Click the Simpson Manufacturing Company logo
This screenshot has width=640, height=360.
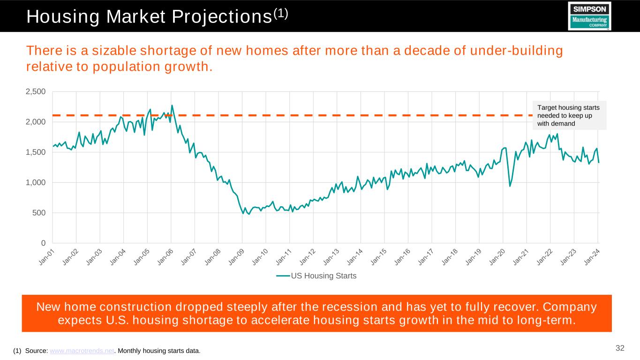pos(589,16)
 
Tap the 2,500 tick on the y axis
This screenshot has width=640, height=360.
pos(36,91)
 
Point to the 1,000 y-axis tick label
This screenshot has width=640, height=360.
pos(36,182)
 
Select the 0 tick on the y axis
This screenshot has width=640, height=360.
pos(43,243)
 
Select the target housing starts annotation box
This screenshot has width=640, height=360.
pos(569,115)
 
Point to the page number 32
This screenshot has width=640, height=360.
pos(620,348)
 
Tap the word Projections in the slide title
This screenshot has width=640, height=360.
pos(225,17)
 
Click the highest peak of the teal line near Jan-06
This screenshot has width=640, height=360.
pos(172,105)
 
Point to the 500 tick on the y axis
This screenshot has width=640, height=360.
pos(39,213)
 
